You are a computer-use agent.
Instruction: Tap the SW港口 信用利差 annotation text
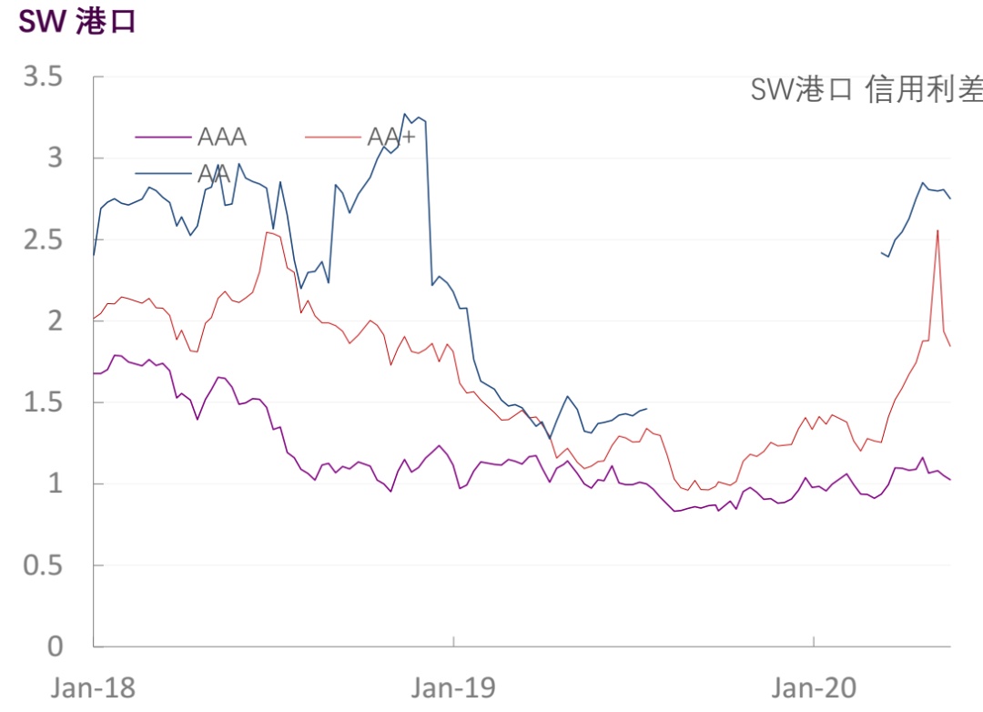866,89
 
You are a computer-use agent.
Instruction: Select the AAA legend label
222,137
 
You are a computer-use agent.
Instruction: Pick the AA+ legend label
391,137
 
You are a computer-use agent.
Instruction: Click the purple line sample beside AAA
164,138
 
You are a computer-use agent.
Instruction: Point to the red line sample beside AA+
333,138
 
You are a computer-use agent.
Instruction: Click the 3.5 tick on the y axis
43,77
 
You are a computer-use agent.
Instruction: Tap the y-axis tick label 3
55,158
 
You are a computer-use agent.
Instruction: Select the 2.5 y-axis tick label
43,239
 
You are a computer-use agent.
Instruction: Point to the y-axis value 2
55,320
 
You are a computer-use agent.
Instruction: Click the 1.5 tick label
43,402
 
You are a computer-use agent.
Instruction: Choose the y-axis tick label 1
55,483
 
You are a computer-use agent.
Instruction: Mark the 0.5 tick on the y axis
43,565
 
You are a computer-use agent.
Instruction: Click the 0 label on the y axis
55,646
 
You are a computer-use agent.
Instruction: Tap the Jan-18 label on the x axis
93,687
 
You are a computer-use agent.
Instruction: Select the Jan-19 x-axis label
452,687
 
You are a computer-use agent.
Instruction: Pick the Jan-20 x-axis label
812,687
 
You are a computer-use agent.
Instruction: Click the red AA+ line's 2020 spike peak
937,230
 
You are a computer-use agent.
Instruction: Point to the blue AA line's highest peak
405,114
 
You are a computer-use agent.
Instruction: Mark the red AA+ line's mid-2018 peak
267,232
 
